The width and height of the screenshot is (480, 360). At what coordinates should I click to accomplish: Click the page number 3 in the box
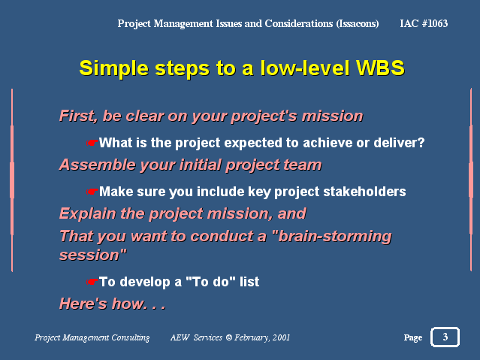point(445,337)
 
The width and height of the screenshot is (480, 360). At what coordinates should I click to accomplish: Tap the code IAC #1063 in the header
point(424,23)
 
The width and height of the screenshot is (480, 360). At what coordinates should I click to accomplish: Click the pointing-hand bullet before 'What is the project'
point(92,143)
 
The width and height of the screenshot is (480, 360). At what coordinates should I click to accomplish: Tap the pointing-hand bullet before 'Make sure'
point(92,192)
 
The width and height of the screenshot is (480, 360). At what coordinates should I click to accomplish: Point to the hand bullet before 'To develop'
point(92,282)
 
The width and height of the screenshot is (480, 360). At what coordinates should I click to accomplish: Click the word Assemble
point(98,165)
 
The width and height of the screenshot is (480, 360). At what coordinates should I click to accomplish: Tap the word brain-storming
point(332,237)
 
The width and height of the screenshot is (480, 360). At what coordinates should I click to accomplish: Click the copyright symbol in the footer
point(228,337)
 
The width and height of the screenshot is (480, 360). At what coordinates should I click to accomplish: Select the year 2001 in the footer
point(281,337)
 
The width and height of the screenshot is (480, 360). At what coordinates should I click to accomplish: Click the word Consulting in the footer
point(131,337)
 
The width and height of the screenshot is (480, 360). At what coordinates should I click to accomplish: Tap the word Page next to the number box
point(413,338)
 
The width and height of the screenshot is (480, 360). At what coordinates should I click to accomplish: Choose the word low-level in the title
point(305,68)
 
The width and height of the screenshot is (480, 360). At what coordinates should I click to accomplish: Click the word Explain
point(88,213)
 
